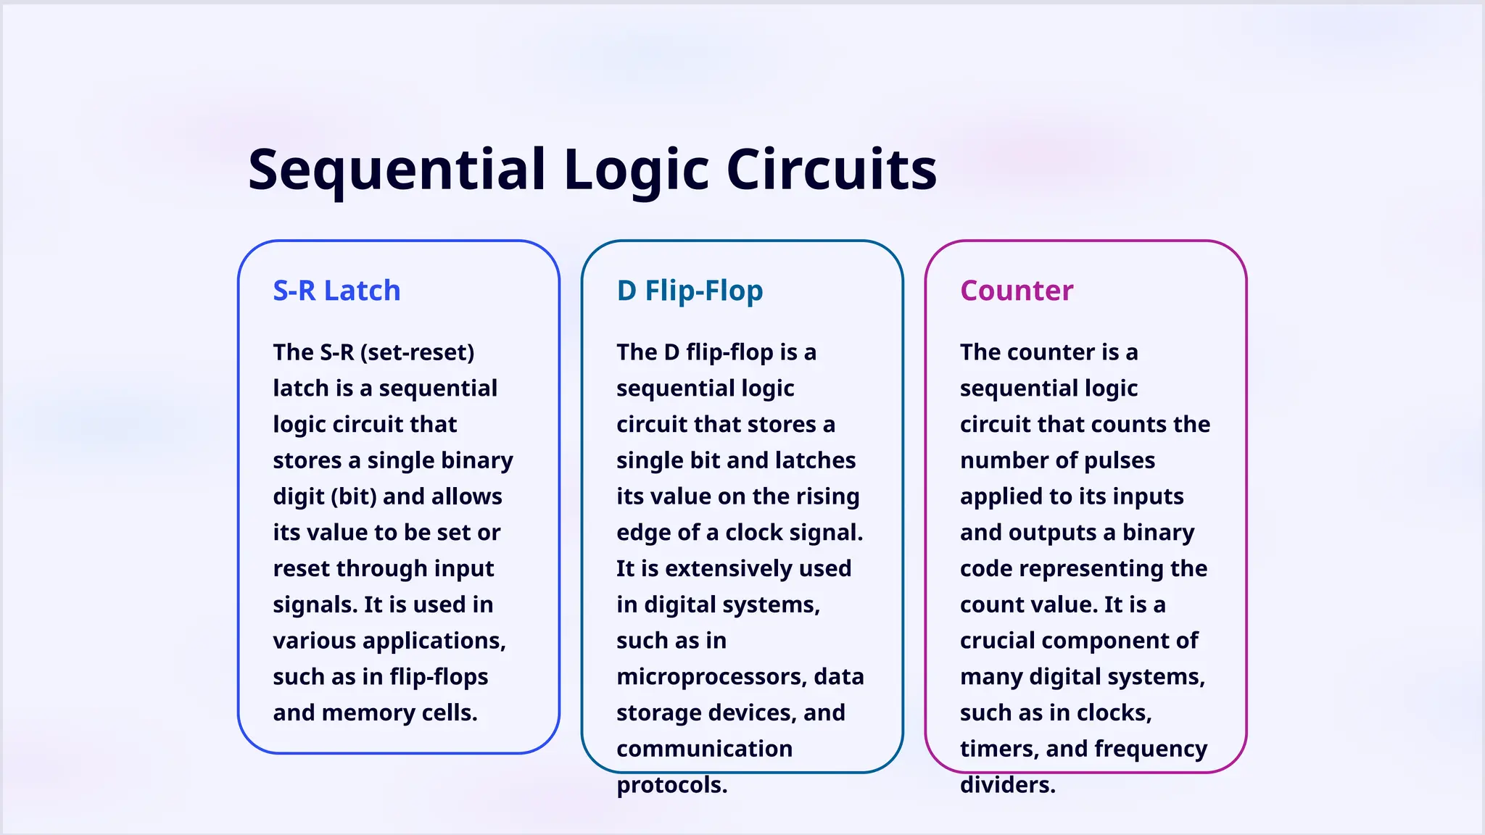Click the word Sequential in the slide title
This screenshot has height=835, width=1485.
(397, 170)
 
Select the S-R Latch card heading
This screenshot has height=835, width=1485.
(336, 291)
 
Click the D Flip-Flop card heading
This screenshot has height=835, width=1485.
(690, 291)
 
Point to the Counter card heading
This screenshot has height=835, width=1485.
(1016, 291)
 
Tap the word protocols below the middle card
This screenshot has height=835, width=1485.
(671, 785)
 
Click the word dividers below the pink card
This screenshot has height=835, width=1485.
(1007, 785)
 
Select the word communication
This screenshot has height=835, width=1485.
(704, 749)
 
